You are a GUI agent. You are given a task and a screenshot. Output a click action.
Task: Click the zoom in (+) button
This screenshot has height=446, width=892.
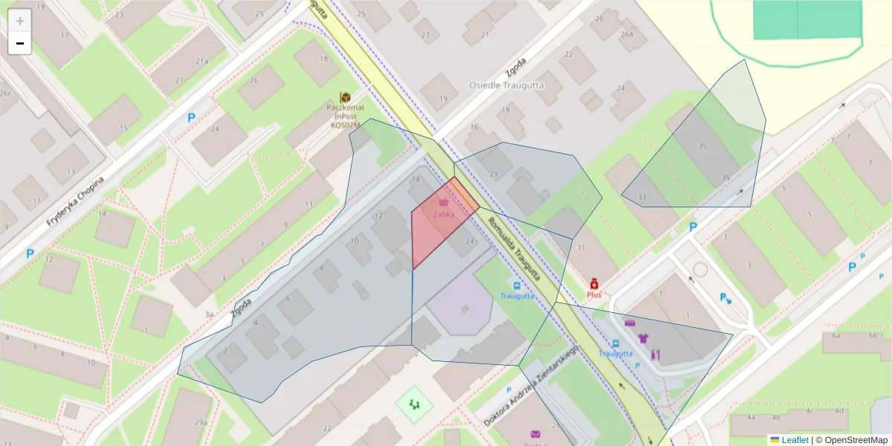pos(19,21)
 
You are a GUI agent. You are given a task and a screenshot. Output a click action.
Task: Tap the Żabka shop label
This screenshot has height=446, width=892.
pos(443,214)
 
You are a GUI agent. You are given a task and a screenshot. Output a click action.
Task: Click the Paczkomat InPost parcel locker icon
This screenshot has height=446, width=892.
pos(345,98)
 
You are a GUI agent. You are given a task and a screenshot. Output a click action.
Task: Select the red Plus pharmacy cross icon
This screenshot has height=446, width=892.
pos(594,284)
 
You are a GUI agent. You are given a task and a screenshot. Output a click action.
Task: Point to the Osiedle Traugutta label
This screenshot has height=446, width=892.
pos(506,85)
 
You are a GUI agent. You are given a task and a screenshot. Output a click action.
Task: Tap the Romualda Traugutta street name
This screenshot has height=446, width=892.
pos(523,253)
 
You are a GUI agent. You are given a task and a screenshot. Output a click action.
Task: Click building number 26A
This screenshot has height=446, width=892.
pos(627,33)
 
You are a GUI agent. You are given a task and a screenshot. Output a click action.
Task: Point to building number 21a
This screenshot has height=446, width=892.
pos(201,61)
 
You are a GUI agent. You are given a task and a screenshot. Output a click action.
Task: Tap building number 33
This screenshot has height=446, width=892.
pos(641,196)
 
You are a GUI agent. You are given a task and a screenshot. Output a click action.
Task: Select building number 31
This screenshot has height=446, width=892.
pos(581,248)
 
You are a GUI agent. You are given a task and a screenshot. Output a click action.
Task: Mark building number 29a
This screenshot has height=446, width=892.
pos(201,422)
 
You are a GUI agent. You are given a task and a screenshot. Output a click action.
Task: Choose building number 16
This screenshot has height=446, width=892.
pos(474,127)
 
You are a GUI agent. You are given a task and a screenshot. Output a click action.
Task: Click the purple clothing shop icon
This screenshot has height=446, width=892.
pos(643,338)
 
